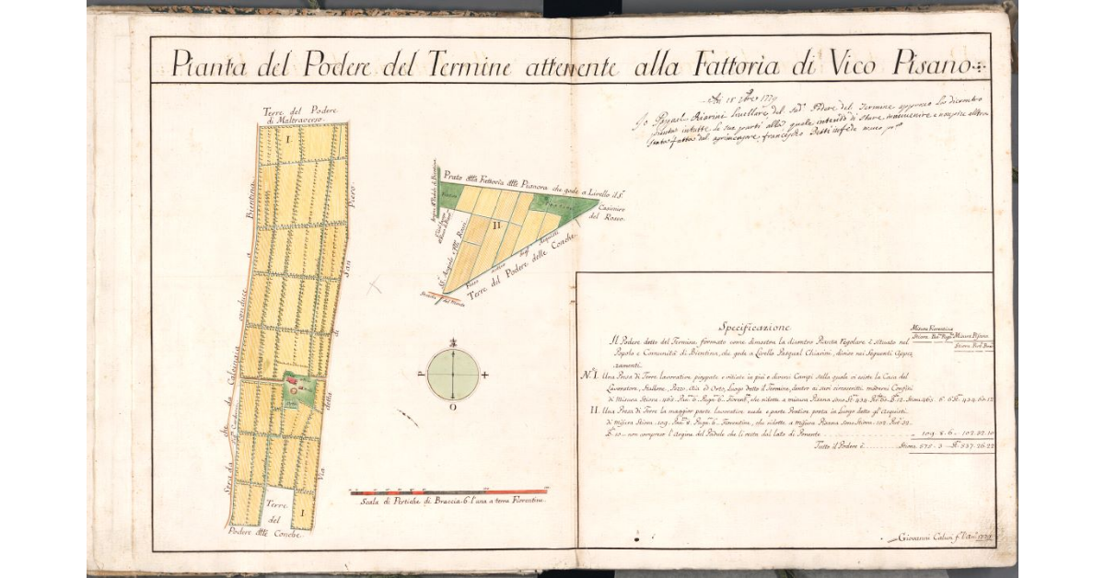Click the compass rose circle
coord(453,375)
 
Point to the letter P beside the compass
coord(421,376)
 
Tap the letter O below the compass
coord(452,408)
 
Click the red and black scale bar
coord(448,492)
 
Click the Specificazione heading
coord(754,327)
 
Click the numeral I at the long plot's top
coord(287,140)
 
